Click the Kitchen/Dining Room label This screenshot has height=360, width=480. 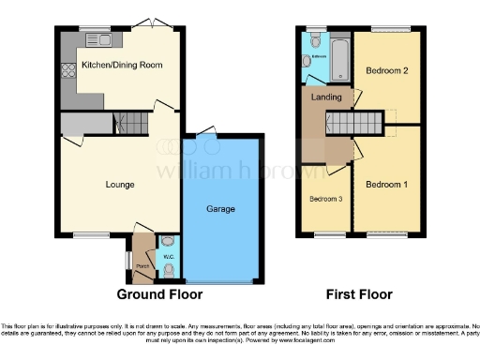pyautogui.click(x=121, y=65)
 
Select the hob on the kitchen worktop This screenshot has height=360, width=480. pyautogui.click(x=68, y=72)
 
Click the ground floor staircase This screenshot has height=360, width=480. pyautogui.click(x=130, y=123)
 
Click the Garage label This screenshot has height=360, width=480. pyautogui.click(x=220, y=208)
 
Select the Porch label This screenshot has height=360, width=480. pyautogui.click(x=143, y=266)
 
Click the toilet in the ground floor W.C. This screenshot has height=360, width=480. pyautogui.click(x=169, y=270)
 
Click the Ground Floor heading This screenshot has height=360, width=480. pyautogui.click(x=159, y=294)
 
